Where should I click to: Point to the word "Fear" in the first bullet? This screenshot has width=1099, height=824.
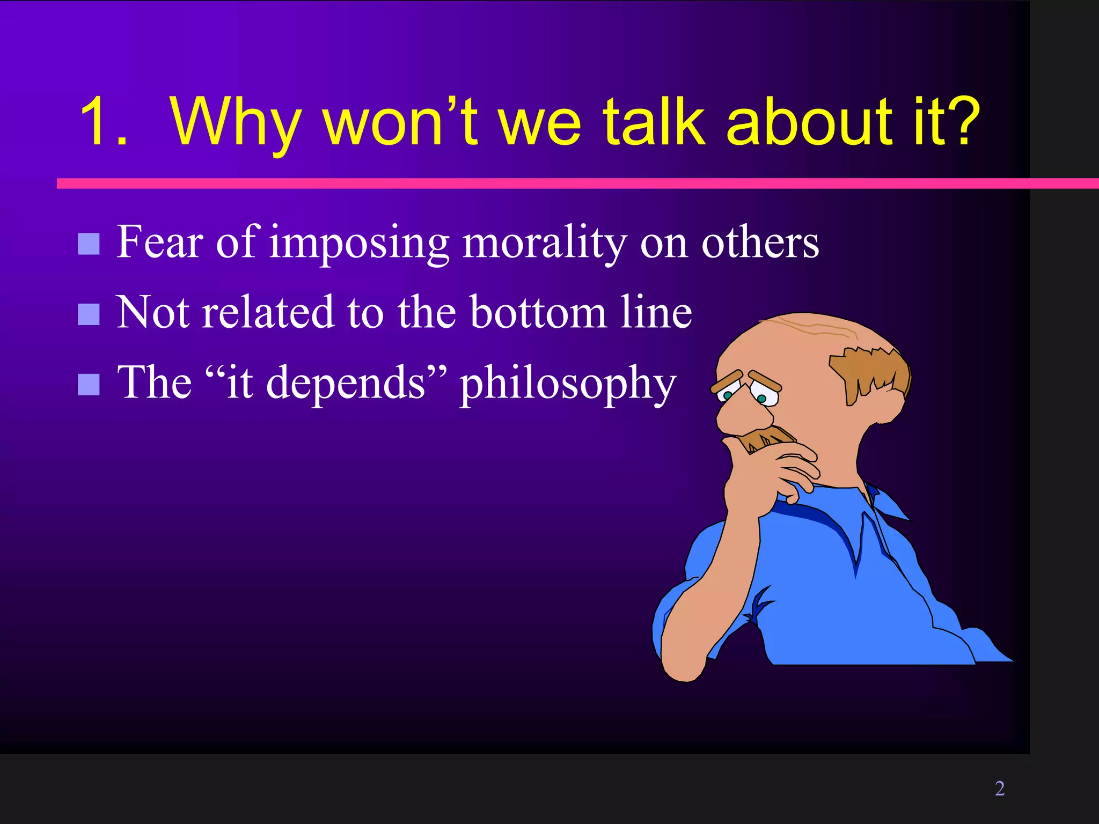160,242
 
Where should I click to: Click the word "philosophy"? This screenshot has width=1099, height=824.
568,384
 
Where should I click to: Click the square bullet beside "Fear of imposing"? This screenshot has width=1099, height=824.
89,244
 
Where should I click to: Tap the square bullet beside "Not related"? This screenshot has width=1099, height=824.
89,314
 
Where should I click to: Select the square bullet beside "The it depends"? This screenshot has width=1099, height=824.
89,384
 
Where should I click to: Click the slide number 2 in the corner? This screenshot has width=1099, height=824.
999,788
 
